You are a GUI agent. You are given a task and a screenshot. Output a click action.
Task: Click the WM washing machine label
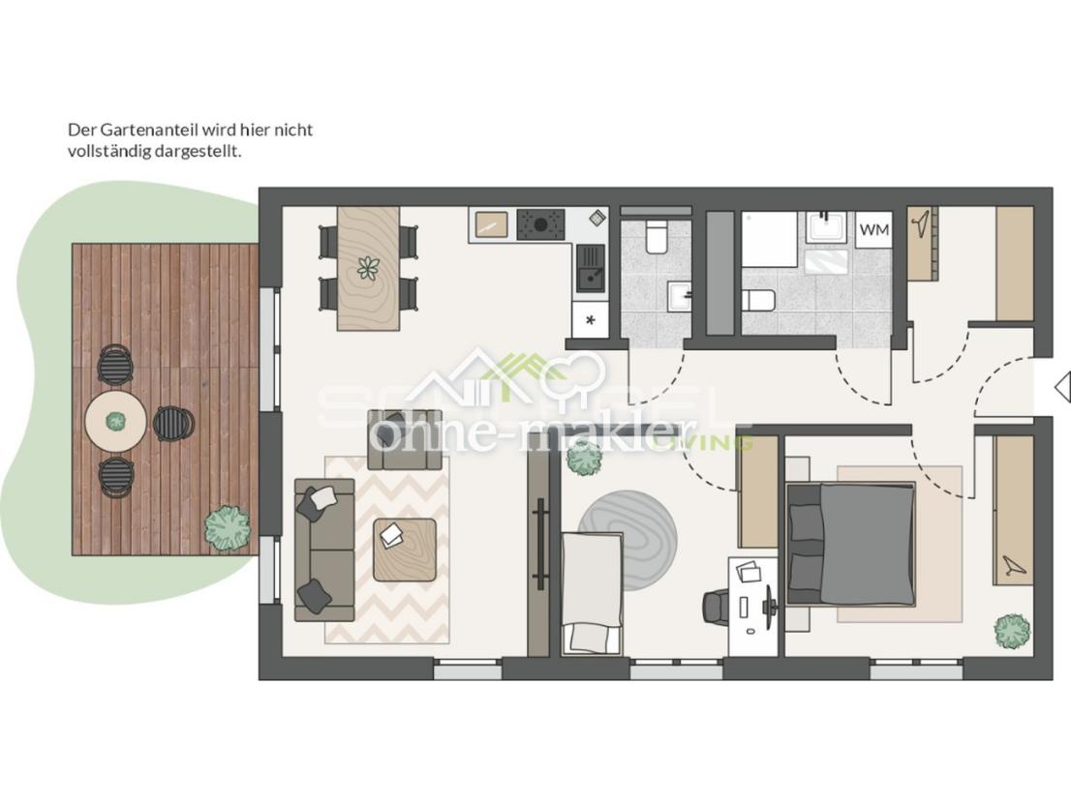click(x=873, y=230)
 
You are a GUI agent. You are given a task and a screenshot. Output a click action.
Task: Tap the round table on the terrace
click(x=116, y=421)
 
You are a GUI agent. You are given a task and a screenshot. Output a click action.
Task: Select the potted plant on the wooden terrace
click(x=226, y=525)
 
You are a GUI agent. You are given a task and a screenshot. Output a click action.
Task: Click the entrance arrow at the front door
click(x=1061, y=387)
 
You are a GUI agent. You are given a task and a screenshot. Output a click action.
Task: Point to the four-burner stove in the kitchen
click(x=538, y=225)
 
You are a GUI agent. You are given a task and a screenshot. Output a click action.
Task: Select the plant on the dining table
click(x=368, y=268)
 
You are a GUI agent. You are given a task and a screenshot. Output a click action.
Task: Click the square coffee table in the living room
click(x=404, y=549)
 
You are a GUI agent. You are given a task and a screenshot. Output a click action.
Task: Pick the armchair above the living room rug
click(x=404, y=440)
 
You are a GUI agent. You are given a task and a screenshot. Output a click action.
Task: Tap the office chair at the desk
click(x=717, y=608)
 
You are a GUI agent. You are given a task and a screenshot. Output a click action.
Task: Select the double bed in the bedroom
click(x=850, y=542)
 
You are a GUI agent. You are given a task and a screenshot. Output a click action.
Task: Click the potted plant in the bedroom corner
click(x=1011, y=631)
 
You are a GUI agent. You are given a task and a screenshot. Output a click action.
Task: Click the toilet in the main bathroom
click(x=758, y=300)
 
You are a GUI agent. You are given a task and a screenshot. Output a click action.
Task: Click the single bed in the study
click(x=591, y=592)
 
